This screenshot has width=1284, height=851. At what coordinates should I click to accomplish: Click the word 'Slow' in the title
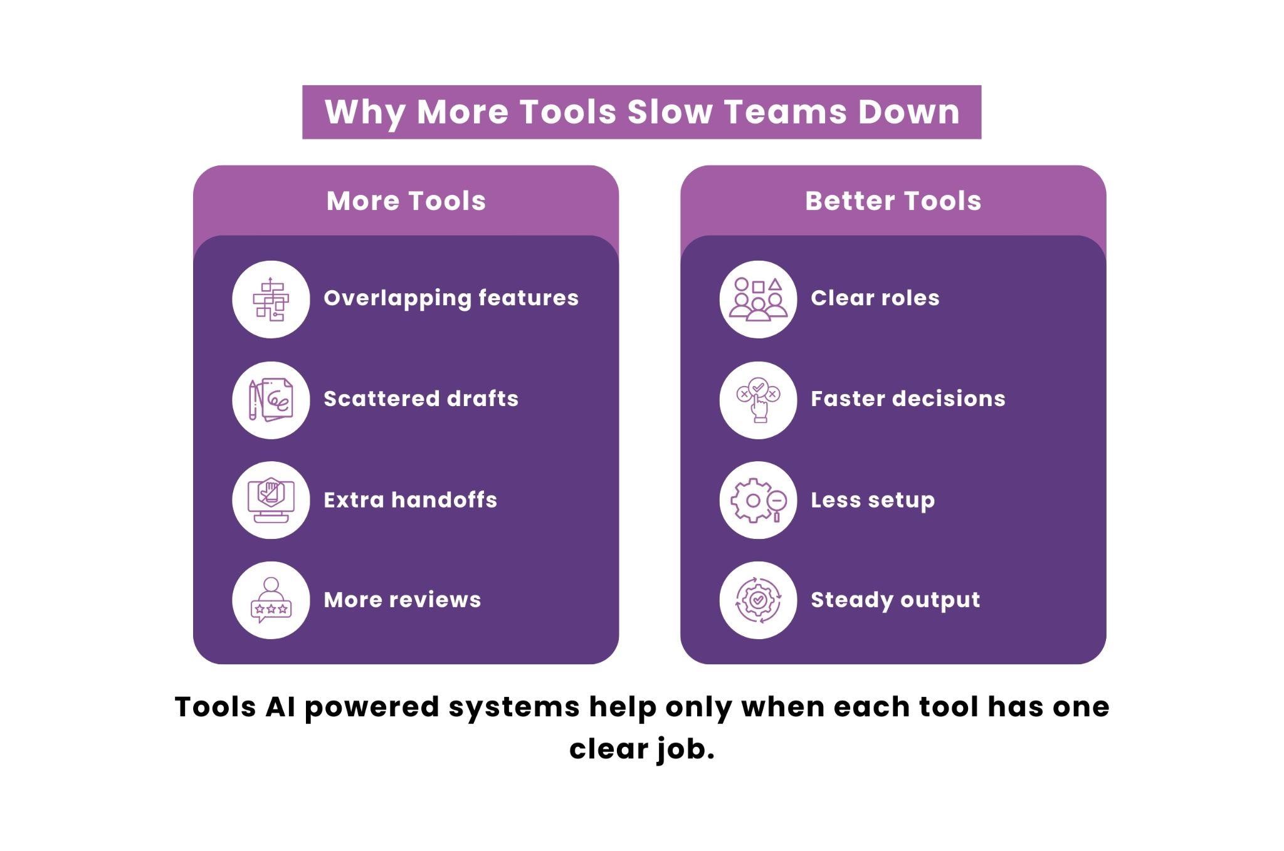670,112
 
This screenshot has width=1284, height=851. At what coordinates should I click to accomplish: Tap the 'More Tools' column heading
406,201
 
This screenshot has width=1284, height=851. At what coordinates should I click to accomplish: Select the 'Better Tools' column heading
893,201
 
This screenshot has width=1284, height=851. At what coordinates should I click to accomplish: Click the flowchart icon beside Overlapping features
271,300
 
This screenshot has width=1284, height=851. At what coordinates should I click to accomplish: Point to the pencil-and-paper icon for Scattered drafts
271,400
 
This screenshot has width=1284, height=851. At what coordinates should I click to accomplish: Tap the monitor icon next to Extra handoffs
271,500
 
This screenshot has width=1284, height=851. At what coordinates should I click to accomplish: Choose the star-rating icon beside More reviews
271,600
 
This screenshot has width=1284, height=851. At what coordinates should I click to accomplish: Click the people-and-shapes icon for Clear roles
759,300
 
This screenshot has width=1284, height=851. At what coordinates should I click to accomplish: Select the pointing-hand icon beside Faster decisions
759,400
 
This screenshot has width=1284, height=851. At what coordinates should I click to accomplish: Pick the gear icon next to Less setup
759,500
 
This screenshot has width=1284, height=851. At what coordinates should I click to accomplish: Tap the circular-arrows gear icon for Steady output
759,600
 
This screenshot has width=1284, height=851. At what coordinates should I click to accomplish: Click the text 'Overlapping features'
451,298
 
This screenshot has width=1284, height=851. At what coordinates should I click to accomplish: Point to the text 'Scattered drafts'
421,399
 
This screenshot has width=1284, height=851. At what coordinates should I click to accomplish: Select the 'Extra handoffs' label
411,500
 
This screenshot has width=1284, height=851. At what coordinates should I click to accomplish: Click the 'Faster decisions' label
908,399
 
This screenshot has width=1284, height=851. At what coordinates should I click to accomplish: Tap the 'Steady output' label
895,600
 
